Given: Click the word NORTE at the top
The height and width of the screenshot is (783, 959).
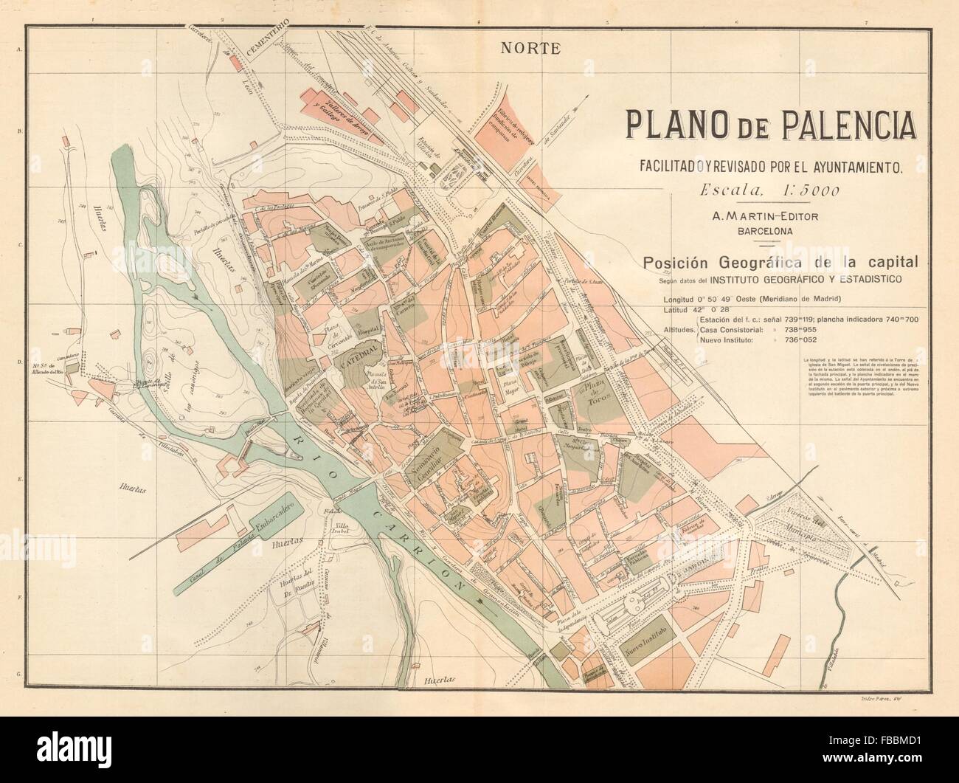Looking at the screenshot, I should coord(530,49).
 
